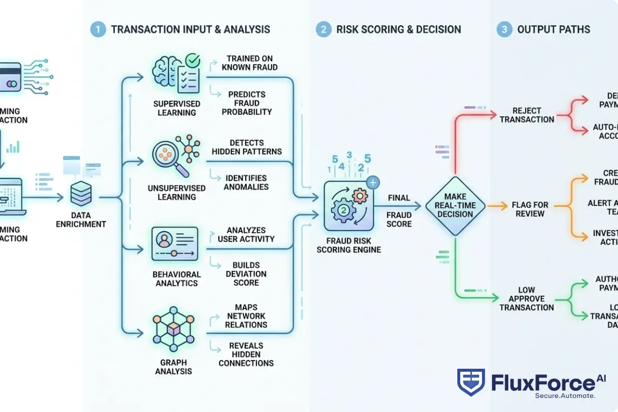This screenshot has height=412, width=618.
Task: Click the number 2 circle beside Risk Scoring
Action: (323, 29)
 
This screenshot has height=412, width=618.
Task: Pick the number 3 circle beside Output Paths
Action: (504, 29)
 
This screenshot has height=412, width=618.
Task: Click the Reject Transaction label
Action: (526, 115)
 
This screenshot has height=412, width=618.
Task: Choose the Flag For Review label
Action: (529, 209)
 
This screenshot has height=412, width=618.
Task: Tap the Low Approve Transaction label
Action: (526, 299)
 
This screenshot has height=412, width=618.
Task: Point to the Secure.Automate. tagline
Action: (565, 396)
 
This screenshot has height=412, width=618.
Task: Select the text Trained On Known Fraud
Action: (249, 62)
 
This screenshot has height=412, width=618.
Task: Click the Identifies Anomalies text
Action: (246, 182)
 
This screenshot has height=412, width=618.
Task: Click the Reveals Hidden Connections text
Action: (246, 354)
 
